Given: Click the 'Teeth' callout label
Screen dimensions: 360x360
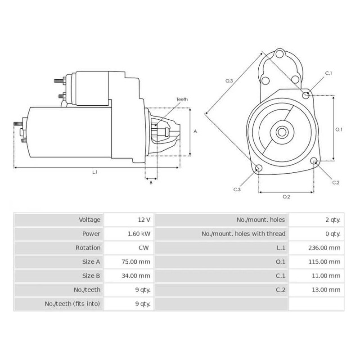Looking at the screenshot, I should [182, 99].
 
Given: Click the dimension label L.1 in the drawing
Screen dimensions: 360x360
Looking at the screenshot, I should [95, 172].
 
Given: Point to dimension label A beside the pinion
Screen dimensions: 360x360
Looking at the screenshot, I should [195, 131].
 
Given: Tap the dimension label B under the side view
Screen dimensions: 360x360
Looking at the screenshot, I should [151, 182].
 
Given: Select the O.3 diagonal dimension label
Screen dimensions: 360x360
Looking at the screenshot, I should [229, 81].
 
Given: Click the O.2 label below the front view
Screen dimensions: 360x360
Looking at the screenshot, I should [286, 197].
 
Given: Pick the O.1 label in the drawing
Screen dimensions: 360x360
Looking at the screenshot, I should [339, 129].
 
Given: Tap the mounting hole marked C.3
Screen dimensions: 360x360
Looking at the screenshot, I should [259, 168].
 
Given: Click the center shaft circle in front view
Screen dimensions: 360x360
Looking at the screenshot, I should [282, 132].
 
